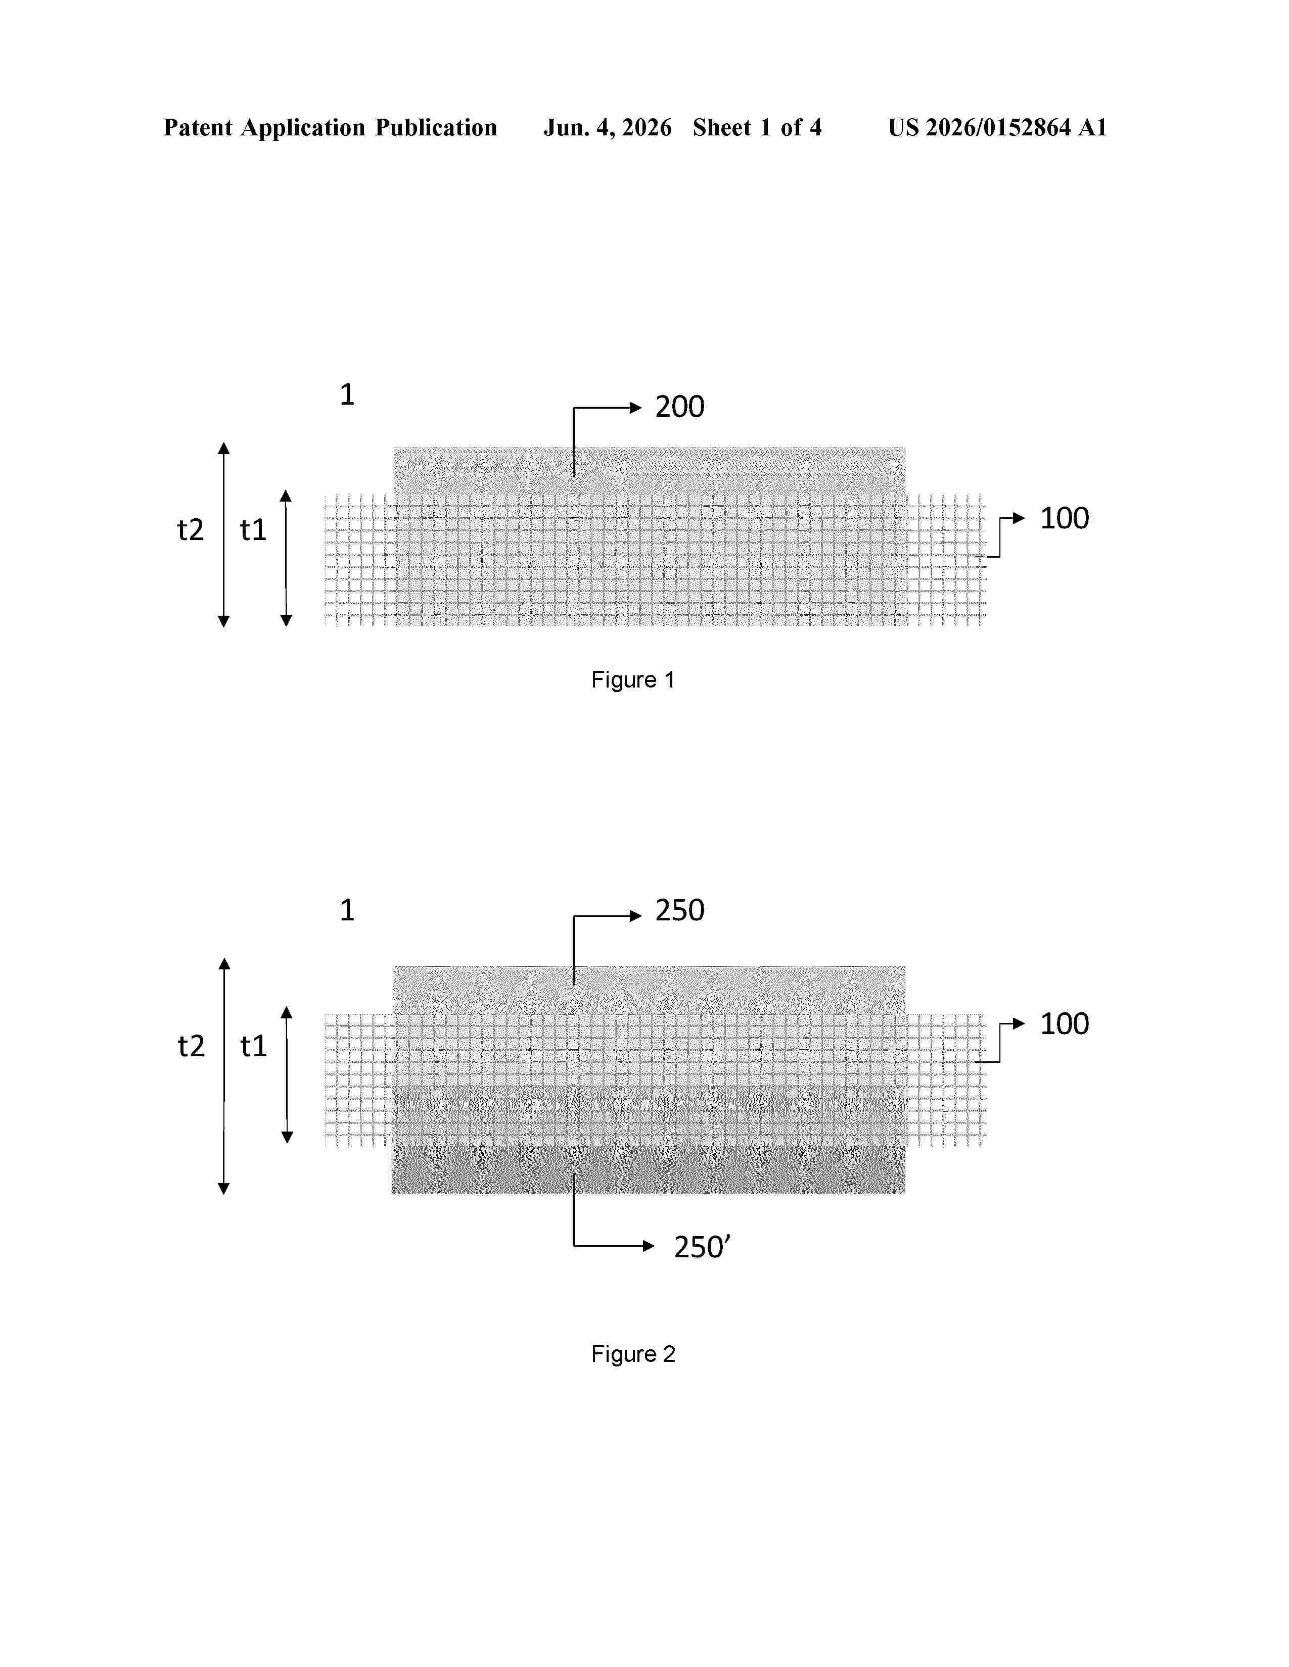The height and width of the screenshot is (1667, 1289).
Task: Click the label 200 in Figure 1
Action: [x=679, y=407]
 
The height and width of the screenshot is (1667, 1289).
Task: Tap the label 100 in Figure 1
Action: [x=1065, y=518]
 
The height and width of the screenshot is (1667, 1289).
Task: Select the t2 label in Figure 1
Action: [x=191, y=530]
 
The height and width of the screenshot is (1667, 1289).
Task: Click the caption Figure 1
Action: [x=633, y=679]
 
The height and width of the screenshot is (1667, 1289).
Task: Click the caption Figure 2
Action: [x=633, y=1353]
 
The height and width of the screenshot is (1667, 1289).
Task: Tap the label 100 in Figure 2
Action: [x=1065, y=1023]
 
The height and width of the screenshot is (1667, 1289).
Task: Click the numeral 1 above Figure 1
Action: [x=347, y=395]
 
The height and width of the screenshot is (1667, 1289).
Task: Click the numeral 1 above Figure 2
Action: [x=347, y=910]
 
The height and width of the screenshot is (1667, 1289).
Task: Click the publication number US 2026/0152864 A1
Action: [x=997, y=127]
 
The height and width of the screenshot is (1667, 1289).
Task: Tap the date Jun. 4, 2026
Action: [x=608, y=127]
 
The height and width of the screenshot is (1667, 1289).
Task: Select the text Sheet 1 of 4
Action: [x=757, y=127]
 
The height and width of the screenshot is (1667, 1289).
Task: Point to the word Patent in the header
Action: [x=198, y=127]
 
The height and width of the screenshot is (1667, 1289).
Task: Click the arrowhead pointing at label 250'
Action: [x=649, y=1246]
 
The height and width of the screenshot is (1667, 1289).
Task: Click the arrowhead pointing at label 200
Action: [x=636, y=408]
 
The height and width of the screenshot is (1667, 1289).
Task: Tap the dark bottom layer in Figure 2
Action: [x=649, y=1169]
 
